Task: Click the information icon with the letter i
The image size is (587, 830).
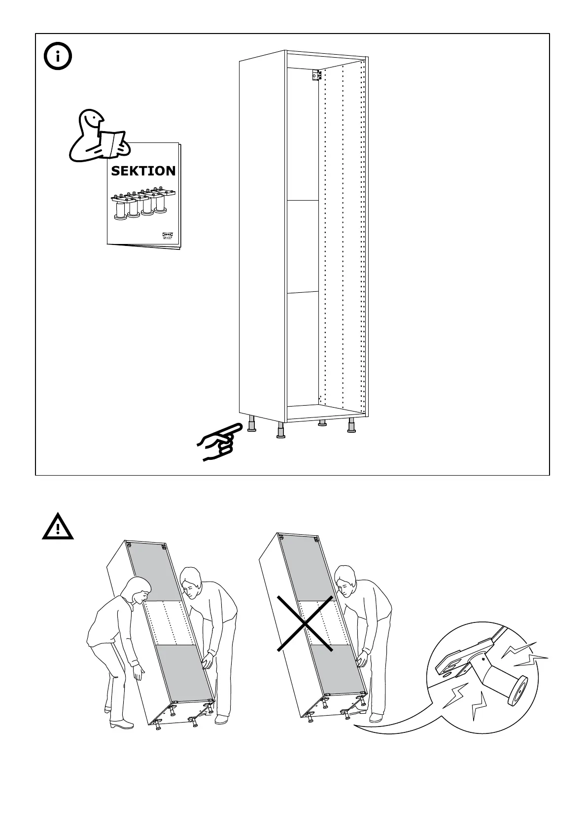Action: click(x=58, y=57)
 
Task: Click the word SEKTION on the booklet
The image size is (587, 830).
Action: click(x=143, y=171)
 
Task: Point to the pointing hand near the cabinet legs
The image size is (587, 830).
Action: click(x=217, y=441)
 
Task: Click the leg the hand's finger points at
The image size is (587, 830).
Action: click(x=251, y=424)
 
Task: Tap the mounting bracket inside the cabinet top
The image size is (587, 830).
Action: click(x=316, y=76)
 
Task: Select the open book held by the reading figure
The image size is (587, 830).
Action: click(x=112, y=141)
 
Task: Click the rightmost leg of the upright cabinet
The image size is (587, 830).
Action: click(x=351, y=426)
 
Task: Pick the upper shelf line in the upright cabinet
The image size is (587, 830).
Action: click(x=303, y=201)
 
